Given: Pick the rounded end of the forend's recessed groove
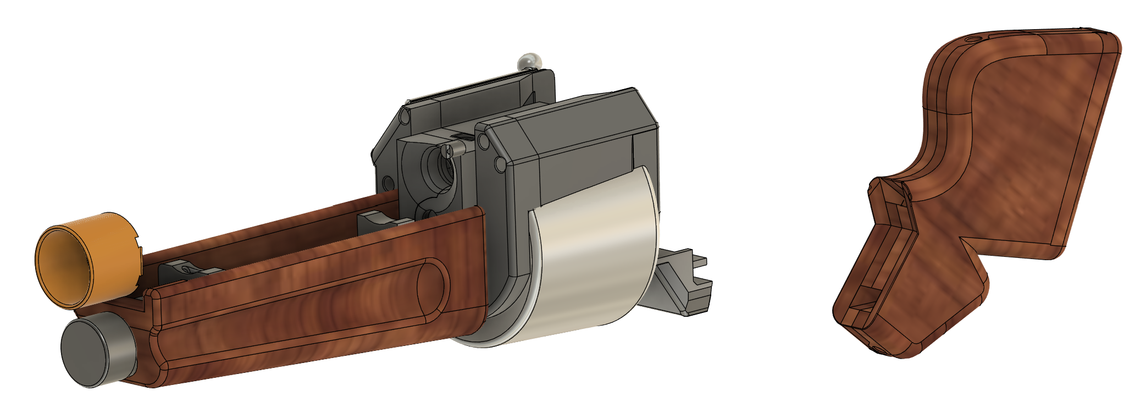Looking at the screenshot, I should click(434, 286).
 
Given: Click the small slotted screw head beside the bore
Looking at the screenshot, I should click(450, 151).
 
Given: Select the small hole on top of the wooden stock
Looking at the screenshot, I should click(973, 40).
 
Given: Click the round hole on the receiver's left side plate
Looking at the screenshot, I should click(387, 181).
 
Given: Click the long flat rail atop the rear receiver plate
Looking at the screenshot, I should click(473, 88).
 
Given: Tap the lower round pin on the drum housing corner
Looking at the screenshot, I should click(500, 164).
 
